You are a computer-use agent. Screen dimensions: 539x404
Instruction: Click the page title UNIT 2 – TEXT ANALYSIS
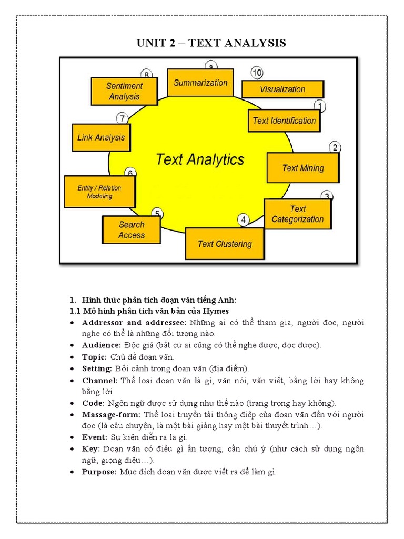click(x=211, y=43)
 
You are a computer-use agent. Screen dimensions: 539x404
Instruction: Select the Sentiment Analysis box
click(x=124, y=91)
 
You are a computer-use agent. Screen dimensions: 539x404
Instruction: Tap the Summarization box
click(x=200, y=83)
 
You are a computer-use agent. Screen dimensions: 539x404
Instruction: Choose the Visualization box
click(x=282, y=89)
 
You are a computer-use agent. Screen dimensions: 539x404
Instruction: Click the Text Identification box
click(x=284, y=121)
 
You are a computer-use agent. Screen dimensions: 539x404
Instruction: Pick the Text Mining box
click(x=303, y=168)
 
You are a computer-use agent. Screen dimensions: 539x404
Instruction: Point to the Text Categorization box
click(x=298, y=214)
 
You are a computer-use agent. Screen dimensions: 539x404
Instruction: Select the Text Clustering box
click(x=225, y=244)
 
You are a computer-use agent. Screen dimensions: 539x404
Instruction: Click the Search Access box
click(x=131, y=230)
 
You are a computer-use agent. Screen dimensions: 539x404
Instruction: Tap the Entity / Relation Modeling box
click(x=99, y=192)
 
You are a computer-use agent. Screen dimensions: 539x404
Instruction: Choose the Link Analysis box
click(x=101, y=138)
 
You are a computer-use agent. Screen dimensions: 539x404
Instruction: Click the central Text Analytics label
click(x=200, y=159)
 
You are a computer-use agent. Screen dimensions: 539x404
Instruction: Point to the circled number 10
click(x=257, y=73)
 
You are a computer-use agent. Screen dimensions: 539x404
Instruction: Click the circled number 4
click(x=243, y=220)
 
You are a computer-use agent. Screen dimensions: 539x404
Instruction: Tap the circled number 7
click(x=122, y=118)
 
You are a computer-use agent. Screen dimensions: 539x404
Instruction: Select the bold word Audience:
click(x=102, y=345)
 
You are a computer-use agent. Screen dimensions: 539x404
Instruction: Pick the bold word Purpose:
click(x=99, y=472)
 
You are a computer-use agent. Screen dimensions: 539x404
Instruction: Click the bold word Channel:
click(x=100, y=380)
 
